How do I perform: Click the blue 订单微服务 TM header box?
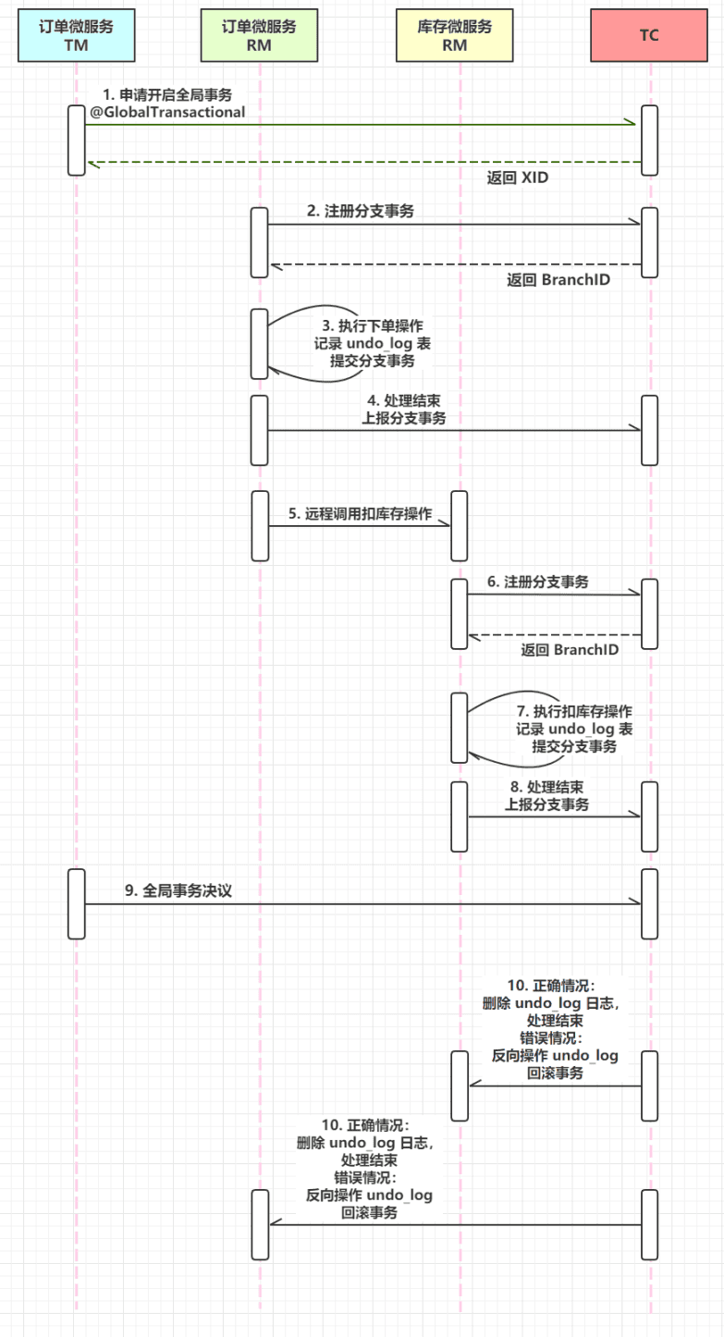pyautogui.click(x=76, y=35)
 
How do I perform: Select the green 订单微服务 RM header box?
pyautogui.click(x=260, y=35)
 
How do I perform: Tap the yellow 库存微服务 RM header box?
pyautogui.click(x=455, y=35)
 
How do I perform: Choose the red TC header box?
pyautogui.click(x=649, y=35)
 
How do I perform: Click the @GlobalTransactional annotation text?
pyautogui.click(x=167, y=112)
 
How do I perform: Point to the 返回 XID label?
pyautogui.click(x=517, y=178)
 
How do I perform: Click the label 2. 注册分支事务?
pyautogui.click(x=361, y=211)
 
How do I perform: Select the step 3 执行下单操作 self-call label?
pyautogui.click(x=372, y=343)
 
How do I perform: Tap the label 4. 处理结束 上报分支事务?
pyautogui.click(x=403, y=410)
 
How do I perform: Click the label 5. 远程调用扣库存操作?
pyautogui.click(x=360, y=513)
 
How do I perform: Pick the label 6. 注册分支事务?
pyautogui.click(x=538, y=583)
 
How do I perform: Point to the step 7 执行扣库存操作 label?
pyautogui.click(x=574, y=729)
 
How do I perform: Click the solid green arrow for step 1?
pyautogui.click(x=361, y=123)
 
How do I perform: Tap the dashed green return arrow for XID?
pyautogui.click(x=361, y=162)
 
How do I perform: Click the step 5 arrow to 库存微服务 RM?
pyautogui.click(x=360, y=526)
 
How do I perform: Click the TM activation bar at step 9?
pyautogui.click(x=76, y=903)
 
